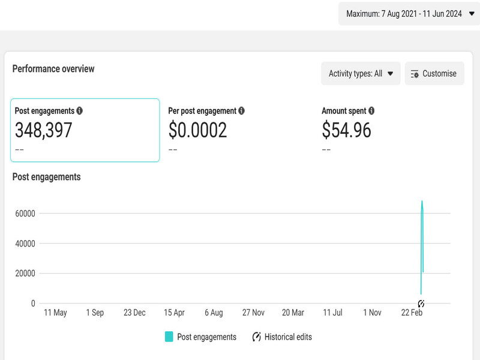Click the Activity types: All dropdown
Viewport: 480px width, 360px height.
click(361, 74)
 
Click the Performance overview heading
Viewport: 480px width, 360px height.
click(53, 69)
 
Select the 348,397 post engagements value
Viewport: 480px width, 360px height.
click(43, 130)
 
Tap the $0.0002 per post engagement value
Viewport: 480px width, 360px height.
click(197, 130)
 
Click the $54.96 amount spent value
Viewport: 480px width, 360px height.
click(346, 130)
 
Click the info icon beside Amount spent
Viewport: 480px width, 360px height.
click(371, 111)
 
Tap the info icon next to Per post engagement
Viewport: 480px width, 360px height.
click(241, 111)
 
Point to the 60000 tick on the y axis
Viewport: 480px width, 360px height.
click(25, 214)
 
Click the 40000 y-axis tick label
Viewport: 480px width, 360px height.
click(25, 244)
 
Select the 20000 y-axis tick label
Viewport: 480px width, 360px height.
click(25, 274)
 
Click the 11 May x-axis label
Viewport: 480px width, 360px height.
click(56, 313)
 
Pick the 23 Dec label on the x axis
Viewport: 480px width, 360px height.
click(134, 313)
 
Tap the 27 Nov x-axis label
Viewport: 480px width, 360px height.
click(253, 313)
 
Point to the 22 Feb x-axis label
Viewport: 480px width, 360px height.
click(412, 313)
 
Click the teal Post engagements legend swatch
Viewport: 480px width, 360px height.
click(169, 337)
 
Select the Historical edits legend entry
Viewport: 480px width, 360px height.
click(282, 337)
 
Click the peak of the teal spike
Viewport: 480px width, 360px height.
click(422, 202)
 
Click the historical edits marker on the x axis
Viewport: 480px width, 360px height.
click(421, 304)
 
